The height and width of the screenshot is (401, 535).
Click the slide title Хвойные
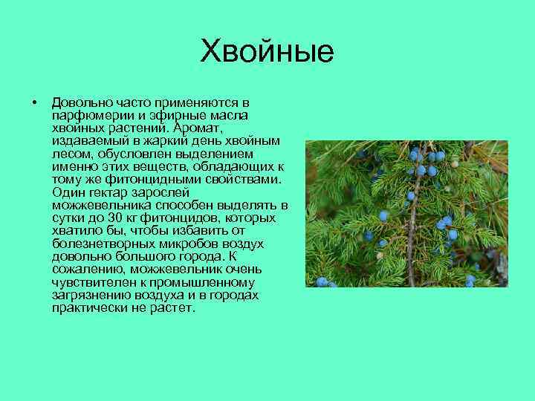267,53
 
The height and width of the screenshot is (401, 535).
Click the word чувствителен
91,282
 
